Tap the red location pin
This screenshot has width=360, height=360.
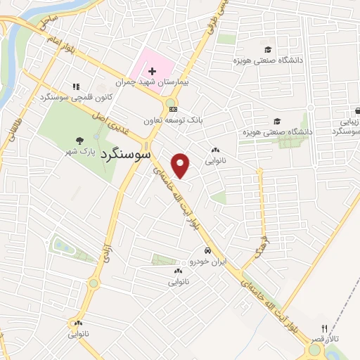pos(181,165)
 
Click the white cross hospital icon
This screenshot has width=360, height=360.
pos(152,71)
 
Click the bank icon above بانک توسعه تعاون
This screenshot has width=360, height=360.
pos(173,110)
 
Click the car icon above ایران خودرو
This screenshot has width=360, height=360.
pos(207,251)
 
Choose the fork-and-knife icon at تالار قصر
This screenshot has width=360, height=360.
pos(324,328)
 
